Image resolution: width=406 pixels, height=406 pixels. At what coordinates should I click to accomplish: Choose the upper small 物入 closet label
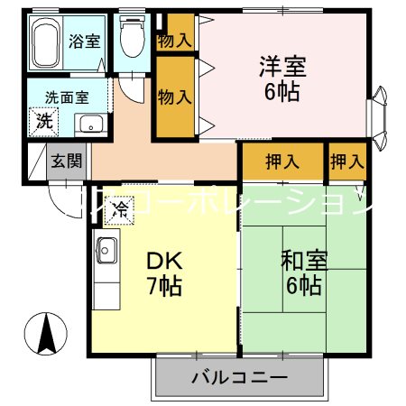[175, 40]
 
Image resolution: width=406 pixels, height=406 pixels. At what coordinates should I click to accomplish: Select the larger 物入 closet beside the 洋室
[175, 97]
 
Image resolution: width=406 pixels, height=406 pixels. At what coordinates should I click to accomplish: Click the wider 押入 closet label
[281, 162]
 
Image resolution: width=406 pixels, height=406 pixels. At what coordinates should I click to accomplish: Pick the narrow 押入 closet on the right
[347, 162]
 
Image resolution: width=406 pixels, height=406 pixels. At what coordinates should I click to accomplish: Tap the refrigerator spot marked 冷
[119, 210]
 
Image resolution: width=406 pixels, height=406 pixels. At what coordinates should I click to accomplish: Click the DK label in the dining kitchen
[165, 263]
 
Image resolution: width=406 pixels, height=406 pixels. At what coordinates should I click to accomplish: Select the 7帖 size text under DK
[165, 288]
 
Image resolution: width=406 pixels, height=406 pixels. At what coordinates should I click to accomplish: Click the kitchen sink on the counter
[105, 247]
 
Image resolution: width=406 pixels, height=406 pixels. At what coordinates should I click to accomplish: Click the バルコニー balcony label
[238, 376]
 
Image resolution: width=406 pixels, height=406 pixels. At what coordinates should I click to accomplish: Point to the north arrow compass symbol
[46, 335]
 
